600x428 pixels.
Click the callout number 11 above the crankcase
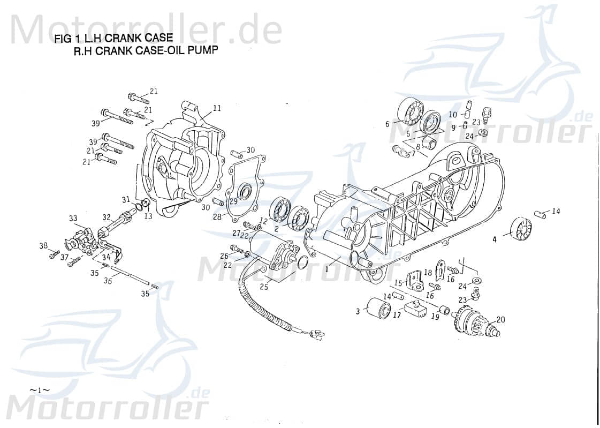pyautogui.click(x=216, y=108)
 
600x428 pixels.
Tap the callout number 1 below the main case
pyautogui.click(x=326, y=269)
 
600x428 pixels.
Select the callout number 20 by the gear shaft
pyautogui.click(x=500, y=320)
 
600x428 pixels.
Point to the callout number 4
pyautogui.click(x=495, y=239)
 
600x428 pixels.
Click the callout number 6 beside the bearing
pyautogui.click(x=387, y=124)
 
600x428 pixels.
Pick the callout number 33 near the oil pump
pyautogui.click(x=73, y=218)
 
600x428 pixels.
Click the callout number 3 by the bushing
pyautogui.click(x=358, y=311)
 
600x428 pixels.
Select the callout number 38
pyautogui.click(x=43, y=246)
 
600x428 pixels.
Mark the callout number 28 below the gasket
pyautogui.click(x=216, y=217)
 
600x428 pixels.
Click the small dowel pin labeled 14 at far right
pyautogui.click(x=540, y=214)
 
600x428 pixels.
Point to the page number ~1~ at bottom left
pyautogui.click(x=39, y=390)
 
